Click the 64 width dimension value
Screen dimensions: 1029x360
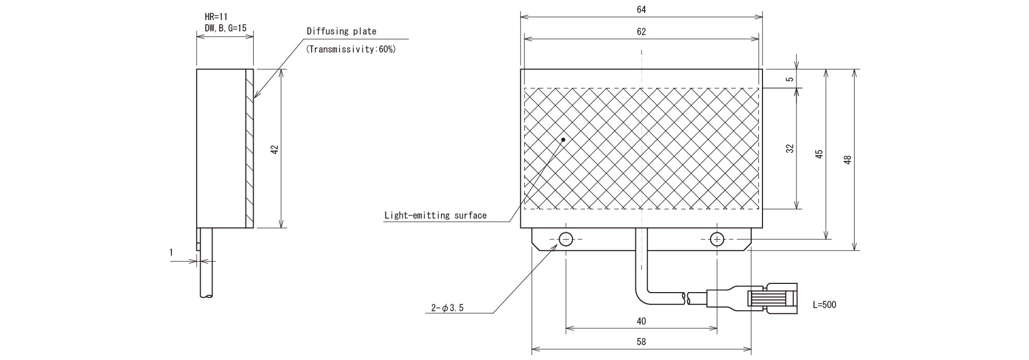641,9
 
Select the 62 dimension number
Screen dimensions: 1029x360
641,31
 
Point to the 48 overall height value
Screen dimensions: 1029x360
848,159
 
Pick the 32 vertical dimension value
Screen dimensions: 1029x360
790,149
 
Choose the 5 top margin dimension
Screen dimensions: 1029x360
790,79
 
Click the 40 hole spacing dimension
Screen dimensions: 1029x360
641,321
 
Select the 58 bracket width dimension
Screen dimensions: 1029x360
641,341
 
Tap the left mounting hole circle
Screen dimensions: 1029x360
565,239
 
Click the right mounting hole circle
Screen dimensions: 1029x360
717,239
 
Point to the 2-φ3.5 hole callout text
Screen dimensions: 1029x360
447,308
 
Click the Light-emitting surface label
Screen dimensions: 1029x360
435,215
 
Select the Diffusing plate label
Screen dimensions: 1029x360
342,31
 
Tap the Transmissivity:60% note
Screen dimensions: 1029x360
351,49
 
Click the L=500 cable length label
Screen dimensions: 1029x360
824,304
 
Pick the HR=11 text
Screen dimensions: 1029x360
216,17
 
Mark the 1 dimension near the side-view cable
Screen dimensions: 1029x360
171,253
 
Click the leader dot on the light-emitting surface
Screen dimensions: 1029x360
563,139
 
